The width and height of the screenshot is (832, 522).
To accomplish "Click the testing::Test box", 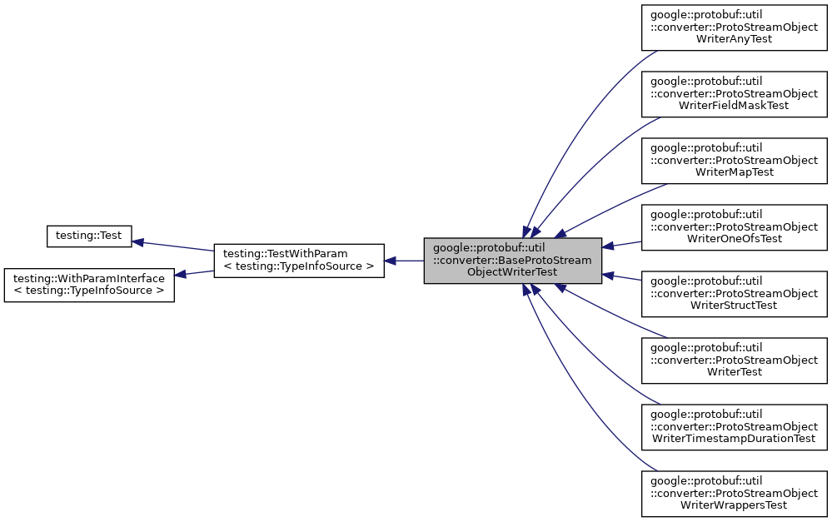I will point(88,236).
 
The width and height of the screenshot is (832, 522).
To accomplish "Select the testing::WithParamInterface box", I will point(89,285).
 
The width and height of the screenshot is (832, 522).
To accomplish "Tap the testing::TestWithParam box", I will point(298,261).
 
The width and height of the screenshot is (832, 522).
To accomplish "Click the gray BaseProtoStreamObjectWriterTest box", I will point(512,261).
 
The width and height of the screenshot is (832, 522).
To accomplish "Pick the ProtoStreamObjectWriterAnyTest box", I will point(734,27).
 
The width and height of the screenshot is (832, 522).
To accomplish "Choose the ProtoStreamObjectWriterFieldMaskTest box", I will point(734,94).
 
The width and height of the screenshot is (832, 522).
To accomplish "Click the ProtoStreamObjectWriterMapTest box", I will point(734,161).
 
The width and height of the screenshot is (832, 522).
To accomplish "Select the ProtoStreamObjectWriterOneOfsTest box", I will point(734,227).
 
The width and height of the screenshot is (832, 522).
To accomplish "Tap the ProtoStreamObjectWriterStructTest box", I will point(734,294).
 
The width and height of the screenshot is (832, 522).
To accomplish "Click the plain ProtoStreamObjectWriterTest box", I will point(734,360).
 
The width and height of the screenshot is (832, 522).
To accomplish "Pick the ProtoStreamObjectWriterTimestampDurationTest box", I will point(734,427).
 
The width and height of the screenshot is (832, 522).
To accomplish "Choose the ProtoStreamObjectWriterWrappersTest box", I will point(734,494).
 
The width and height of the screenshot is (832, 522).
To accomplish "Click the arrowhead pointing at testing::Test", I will point(139,242).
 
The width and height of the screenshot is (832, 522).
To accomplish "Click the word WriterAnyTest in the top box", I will point(734,38).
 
